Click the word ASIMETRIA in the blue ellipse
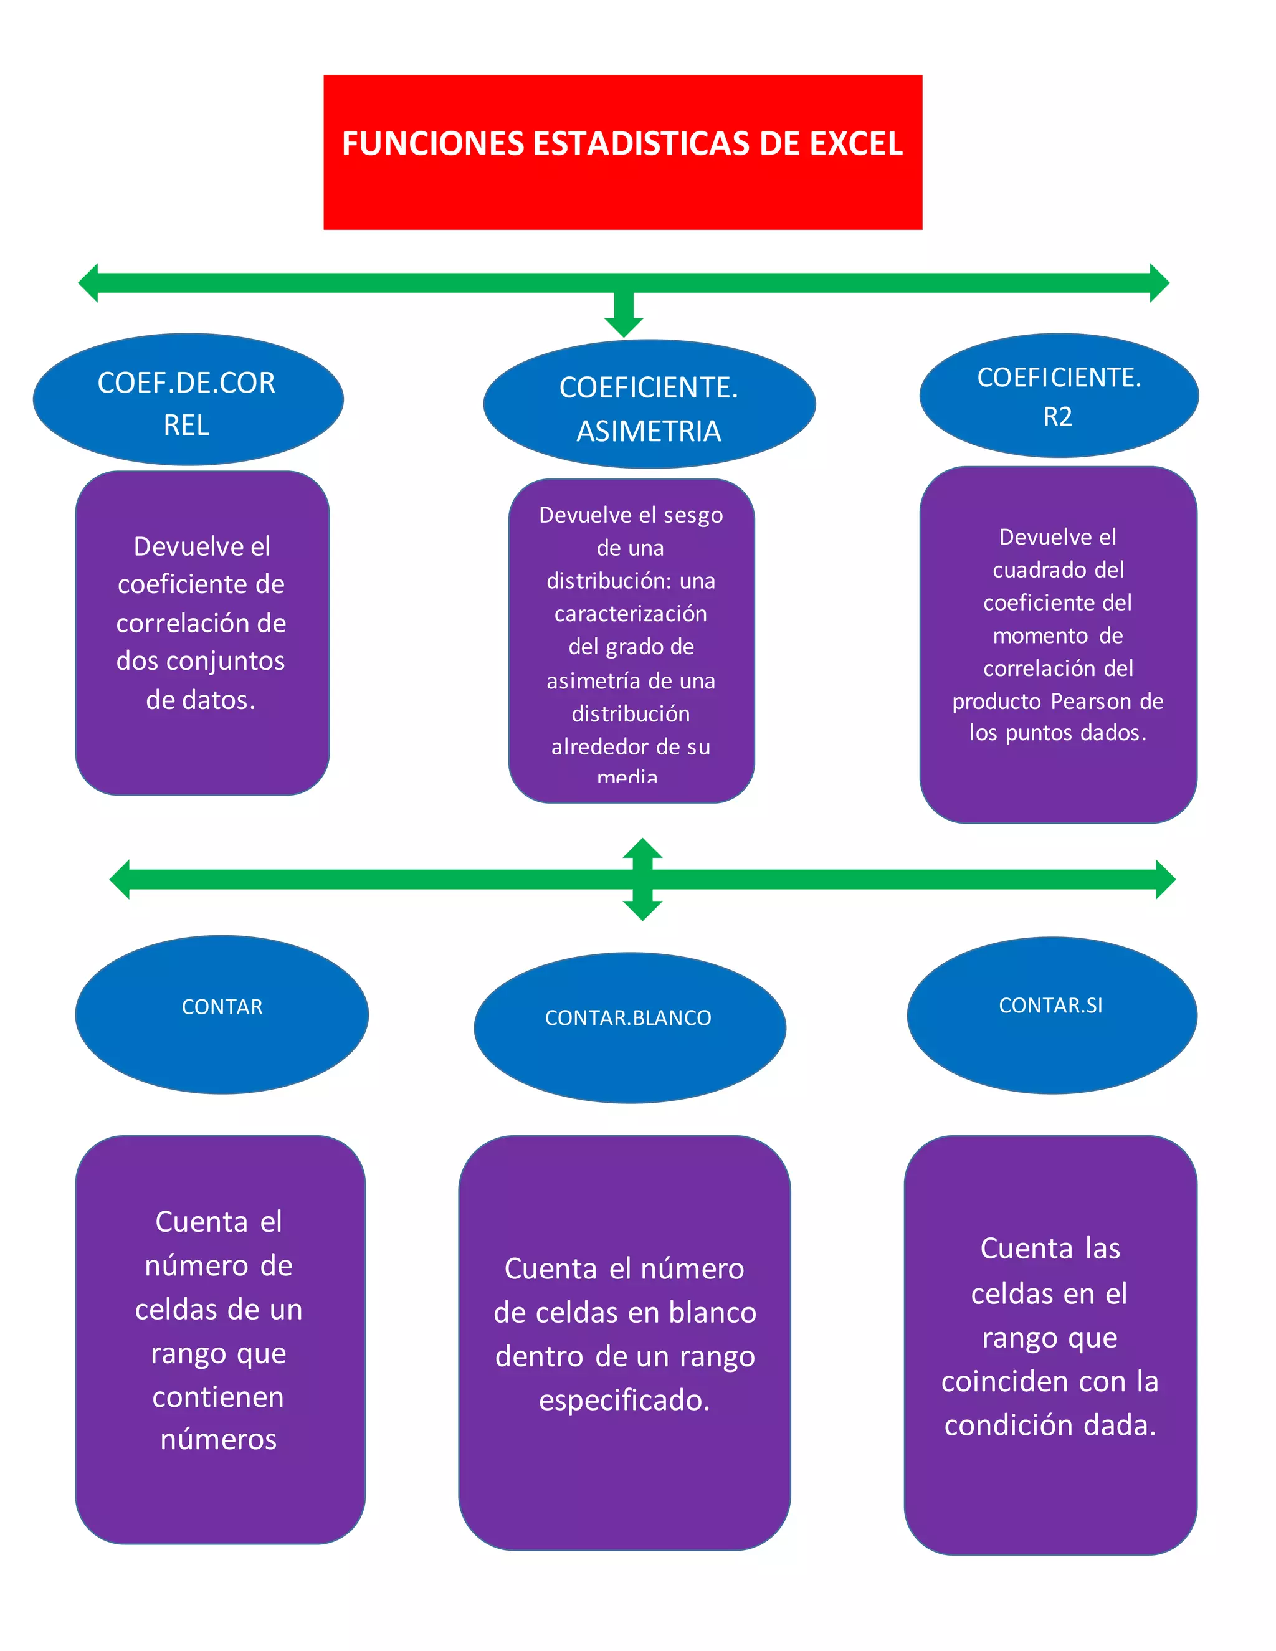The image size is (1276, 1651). coord(649,432)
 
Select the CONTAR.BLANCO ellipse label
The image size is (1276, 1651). coord(628,1018)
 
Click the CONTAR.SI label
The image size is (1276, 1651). coord(1050,1006)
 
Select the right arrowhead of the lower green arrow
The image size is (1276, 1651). coord(1165,879)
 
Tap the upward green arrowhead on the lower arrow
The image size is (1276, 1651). coord(642,848)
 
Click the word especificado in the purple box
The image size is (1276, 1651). coord(624,1401)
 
